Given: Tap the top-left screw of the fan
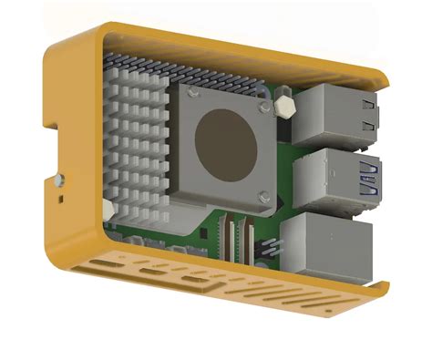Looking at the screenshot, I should pyautogui.click(x=191, y=92).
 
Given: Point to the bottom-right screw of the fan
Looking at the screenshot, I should pyautogui.click(x=264, y=193).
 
